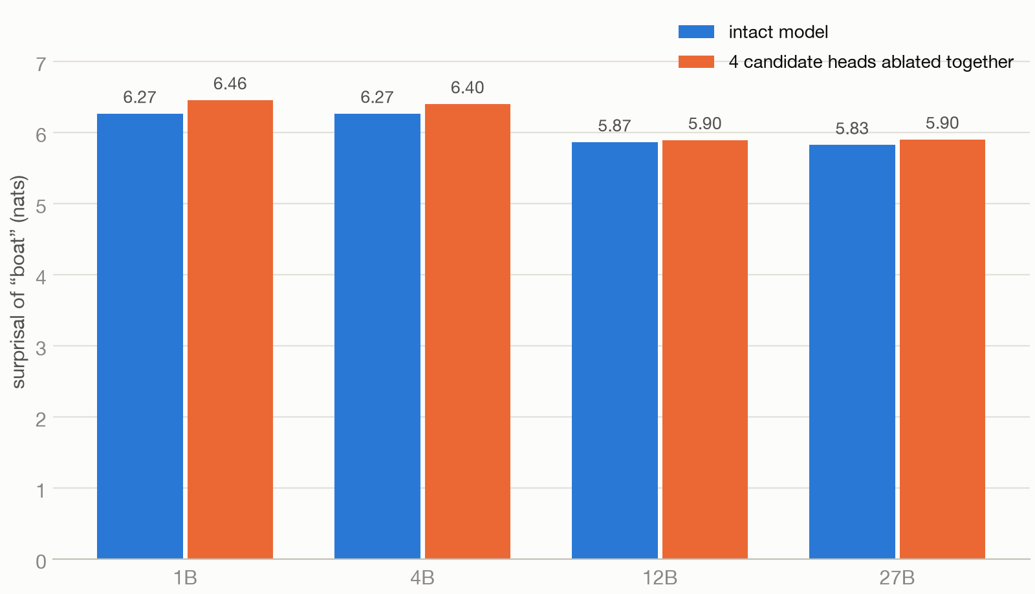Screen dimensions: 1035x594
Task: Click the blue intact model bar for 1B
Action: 140,336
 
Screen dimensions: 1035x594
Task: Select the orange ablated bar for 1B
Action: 230,330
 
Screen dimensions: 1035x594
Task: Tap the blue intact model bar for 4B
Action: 378,336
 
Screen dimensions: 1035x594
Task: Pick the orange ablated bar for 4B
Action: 468,332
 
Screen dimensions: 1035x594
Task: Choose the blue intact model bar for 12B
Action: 615,350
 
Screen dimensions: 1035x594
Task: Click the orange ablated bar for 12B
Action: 705,350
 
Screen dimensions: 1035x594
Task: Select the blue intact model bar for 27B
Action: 852,352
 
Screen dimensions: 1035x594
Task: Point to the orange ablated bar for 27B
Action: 942,350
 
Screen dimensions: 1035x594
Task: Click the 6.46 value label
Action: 230,84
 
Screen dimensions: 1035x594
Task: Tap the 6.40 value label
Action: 468,88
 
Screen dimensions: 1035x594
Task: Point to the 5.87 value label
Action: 615,126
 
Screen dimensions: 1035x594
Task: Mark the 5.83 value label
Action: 852,129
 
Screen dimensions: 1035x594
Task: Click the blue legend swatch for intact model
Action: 696,32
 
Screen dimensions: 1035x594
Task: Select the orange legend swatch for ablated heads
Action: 696,62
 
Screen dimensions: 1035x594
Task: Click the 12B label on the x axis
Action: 660,578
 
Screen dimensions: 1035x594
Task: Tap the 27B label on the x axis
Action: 897,578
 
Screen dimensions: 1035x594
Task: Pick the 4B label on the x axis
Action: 422,578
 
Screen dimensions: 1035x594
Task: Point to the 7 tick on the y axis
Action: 41,65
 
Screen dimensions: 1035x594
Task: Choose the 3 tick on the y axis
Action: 41,348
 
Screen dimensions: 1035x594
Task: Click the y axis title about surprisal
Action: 19,282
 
